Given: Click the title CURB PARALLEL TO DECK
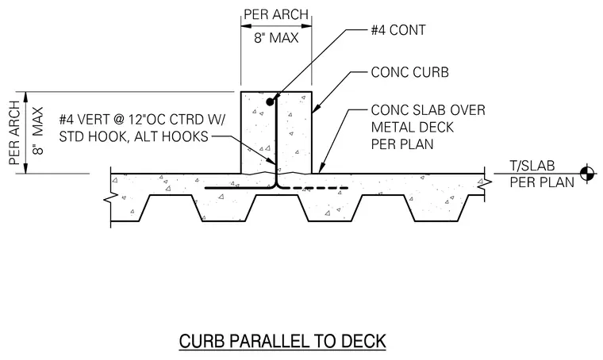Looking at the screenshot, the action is pos(282,341).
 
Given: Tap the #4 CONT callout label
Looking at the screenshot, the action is pos(398,30).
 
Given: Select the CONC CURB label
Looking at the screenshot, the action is pos(409,72).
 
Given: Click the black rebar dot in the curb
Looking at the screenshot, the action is pos(270,101).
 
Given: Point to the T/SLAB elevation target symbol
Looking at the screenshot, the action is pos(587,174).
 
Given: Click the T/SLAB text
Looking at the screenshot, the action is pos(532,166).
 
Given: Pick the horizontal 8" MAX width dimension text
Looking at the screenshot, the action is pos(276,38).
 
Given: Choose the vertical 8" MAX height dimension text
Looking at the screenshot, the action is pos(38,131).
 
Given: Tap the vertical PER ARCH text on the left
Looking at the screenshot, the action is pos(14,133).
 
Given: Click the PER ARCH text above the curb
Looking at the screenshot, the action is pos(276,14).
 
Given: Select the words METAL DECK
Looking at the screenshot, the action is pos(413,127).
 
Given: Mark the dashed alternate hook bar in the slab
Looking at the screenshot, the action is pos(318,188).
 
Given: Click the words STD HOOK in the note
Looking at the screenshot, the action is pos(94,136).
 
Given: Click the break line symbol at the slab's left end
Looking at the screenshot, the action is pos(111,197).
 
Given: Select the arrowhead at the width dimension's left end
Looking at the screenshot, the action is pos(246,26).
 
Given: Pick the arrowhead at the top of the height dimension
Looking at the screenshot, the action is pos(26,97).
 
